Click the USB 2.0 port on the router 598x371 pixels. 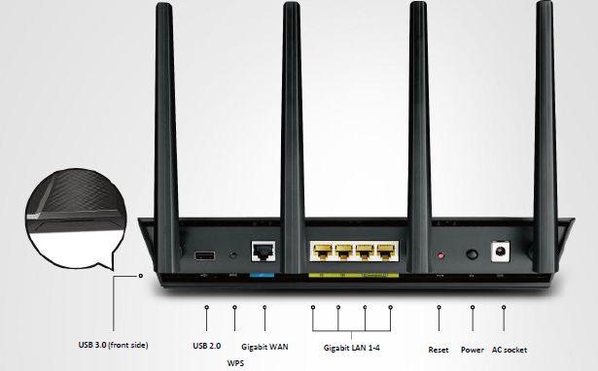[205, 256]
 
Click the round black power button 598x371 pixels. [474, 255]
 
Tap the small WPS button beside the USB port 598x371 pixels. [233, 256]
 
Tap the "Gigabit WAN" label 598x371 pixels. [264, 346]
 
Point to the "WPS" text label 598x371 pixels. [235, 362]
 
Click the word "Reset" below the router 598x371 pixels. [440, 348]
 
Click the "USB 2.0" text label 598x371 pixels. [207, 346]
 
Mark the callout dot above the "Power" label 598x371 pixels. [473, 308]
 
